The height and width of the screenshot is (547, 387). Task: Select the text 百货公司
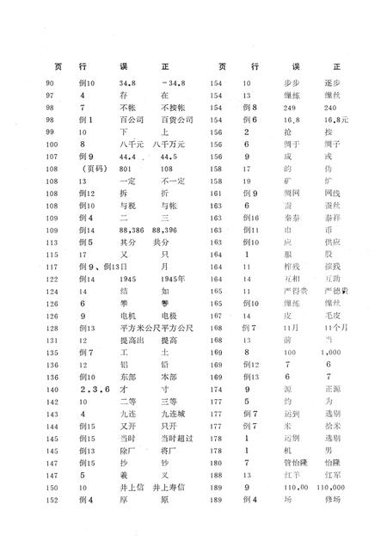(175, 120)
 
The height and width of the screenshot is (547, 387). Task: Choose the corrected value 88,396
(169, 232)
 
